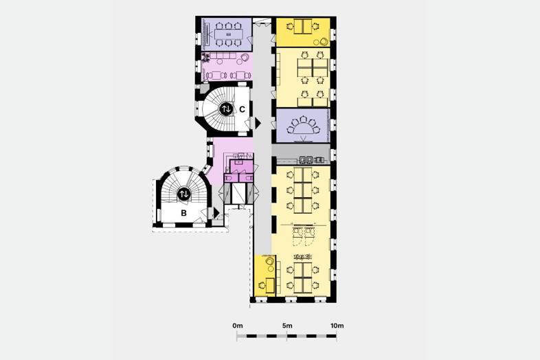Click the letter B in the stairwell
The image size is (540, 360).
tap(183, 213)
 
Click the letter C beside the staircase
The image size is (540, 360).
tap(242, 109)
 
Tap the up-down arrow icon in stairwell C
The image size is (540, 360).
tap(226, 109)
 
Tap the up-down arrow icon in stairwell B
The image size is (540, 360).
tap(184, 194)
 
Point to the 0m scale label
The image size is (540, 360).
tap(237, 326)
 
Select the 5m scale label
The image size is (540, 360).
tap(287, 326)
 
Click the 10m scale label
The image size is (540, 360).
tap(337, 326)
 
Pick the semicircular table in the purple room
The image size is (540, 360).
tap(303, 128)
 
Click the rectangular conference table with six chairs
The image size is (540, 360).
tap(228, 34)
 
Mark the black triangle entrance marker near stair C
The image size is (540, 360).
tap(258, 123)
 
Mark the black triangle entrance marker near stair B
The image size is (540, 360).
tap(216, 212)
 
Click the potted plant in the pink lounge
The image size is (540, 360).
tap(206, 58)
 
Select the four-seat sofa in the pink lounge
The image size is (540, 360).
tap(223, 56)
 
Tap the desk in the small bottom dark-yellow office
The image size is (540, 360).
tap(271, 285)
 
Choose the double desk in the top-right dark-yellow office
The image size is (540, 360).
tap(303, 26)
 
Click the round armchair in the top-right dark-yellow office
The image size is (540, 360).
tap(324, 42)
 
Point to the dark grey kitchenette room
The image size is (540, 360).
tap(301, 154)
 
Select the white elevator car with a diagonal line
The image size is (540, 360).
tap(238, 193)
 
